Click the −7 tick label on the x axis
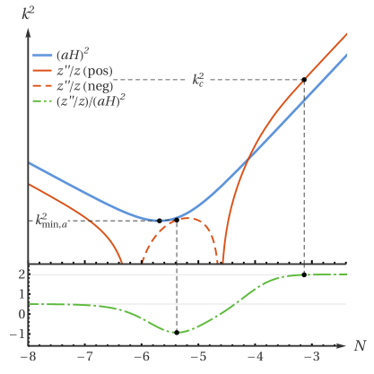pos(85,357)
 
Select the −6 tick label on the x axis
pos(142,357)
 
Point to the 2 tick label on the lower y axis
pos(20,275)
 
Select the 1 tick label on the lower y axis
pos(20,295)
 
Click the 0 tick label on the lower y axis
pos(20,315)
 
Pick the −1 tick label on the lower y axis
pos(17,335)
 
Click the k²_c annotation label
pos(199,79)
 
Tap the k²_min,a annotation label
pos(51,221)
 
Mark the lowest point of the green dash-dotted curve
pos(179,333)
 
